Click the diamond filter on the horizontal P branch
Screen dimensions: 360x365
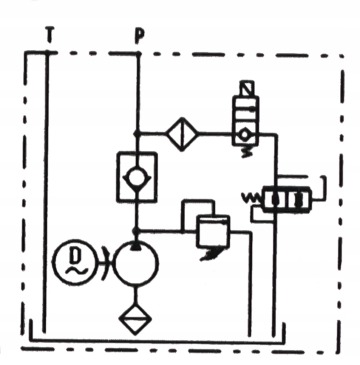pyautogui.click(x=182, y=134)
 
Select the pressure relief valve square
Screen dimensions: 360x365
pyautogui.click(x=212, y=231)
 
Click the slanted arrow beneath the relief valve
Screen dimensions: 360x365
pyautogui.click(x=210, y=254)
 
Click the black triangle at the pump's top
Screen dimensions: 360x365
pyautogui.click(x=136, y=246)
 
